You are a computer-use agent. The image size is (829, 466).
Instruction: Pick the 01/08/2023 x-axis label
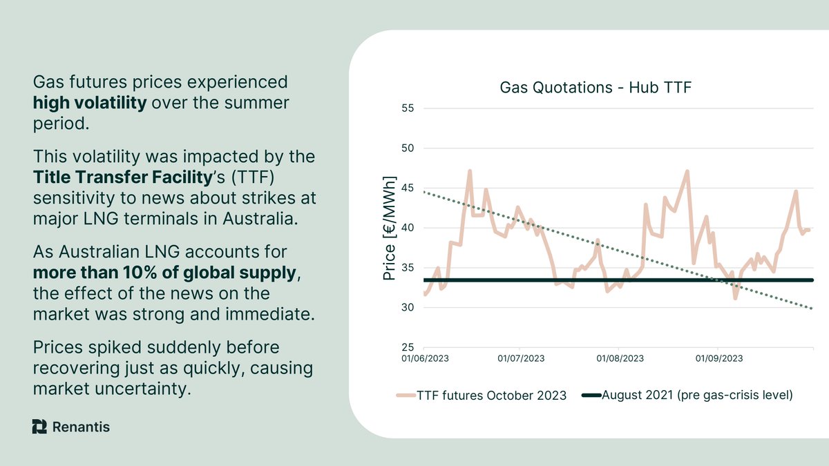click(620, 358)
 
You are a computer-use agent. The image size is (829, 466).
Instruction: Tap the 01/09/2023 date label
click(719, 358)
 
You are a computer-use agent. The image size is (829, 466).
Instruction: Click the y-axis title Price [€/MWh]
click(388, 229)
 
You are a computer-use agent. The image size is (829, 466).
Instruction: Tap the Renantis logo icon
click(39, 427)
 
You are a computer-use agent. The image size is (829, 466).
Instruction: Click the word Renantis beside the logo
click(81, 427)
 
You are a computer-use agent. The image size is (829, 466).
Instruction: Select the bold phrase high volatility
click(90, 104)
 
